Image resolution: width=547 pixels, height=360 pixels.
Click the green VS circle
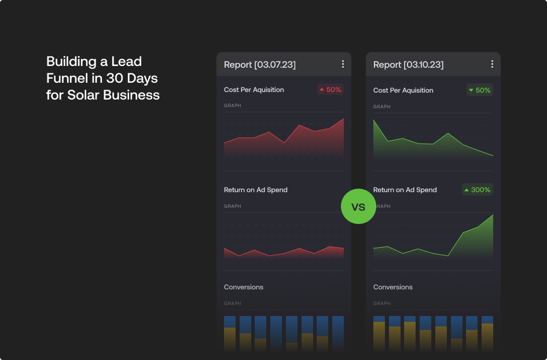[x=358, y=207]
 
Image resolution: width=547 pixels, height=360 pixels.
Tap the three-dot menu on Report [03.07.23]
[x=343, y=64]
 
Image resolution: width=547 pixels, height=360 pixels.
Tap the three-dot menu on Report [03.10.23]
[x=492, y=64]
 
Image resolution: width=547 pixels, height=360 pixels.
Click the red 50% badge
[x=330, y=90]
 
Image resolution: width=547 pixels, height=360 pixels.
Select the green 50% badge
[x=479, y=90]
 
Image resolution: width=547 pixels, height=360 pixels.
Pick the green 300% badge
[x=477, y=189]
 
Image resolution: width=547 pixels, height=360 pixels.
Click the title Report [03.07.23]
[x=259, y=64]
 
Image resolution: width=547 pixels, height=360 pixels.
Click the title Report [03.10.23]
[x=408, y=64]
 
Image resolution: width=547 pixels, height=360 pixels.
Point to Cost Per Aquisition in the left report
[x=254, y=90]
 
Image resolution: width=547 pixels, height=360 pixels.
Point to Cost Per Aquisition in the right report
[x=403, y=90]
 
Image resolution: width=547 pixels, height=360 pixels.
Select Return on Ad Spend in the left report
[x=255, y=190]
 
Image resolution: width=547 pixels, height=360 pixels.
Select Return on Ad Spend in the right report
[x=405, y=190]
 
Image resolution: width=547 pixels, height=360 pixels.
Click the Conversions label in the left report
[x=243, y=287]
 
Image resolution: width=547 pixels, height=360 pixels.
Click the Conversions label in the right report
[x=392, y=287]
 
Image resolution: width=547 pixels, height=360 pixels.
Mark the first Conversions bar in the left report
[x=230, y=333]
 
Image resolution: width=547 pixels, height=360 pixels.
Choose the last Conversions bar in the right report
[x=487, y=333]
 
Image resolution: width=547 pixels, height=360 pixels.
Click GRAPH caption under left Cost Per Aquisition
[x=232, y=106]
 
